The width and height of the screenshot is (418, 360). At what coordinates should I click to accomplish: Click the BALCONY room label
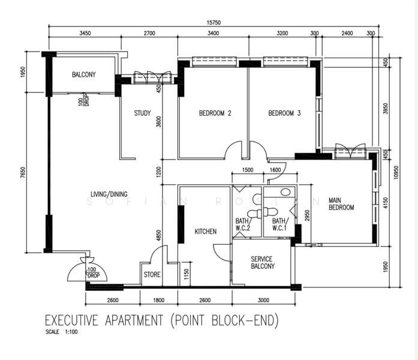point(84,74)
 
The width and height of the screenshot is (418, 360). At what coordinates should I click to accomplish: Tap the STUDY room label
point(142,113)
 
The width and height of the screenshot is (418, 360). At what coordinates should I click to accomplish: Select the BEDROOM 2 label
point(215,113)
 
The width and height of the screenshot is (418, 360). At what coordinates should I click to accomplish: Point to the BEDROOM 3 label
point(284,113)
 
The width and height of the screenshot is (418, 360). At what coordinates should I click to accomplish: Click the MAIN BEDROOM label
point(341,204)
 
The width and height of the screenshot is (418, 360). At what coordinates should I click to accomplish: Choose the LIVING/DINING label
point(109,194)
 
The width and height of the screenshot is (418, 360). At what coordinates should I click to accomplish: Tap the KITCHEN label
point(206,231)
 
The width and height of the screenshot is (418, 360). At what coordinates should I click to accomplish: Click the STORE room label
point(152,274)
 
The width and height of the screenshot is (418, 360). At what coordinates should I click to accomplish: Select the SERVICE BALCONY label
point(263,262)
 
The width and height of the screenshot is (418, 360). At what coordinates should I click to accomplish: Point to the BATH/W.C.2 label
point(243,224)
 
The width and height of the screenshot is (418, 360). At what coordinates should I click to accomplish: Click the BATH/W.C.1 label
point(280,224)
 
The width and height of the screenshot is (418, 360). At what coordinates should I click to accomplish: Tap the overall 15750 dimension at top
point(214,23)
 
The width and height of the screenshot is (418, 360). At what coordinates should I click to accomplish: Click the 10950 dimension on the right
point(396,172)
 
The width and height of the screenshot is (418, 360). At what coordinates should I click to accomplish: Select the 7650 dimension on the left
point(23,172)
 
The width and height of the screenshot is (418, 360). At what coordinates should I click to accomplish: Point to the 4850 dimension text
point(158,235)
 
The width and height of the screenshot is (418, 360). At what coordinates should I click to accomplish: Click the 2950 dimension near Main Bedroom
point(308,216)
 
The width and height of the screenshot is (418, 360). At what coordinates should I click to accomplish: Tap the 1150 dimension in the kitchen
point(187,274)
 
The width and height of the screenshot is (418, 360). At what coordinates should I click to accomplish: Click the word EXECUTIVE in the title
point(72,320)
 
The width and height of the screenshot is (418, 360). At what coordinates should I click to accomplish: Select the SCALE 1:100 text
point(62,332)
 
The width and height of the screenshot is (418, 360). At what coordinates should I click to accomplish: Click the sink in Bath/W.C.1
point(286,192)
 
